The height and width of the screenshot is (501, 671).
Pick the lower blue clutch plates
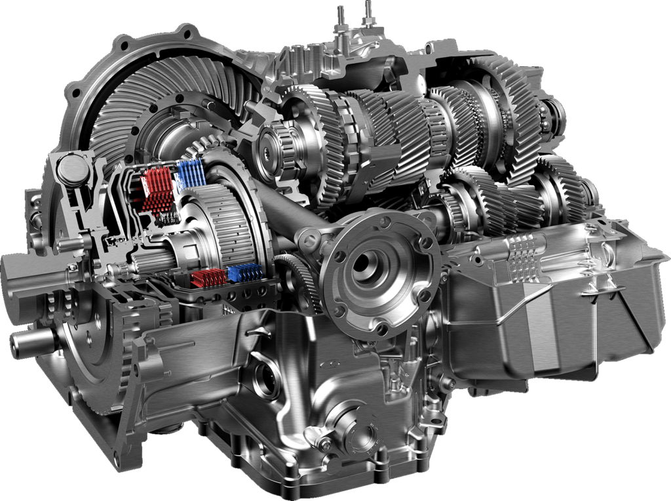coord(244,273)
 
